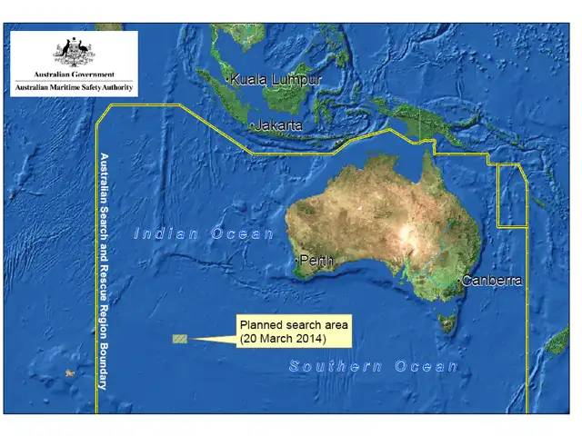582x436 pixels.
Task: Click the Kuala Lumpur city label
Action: coord(275,80)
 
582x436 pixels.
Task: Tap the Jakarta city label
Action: coord(278,125)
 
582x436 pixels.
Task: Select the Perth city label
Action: coord(316,261)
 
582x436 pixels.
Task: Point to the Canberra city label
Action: coord(492,281)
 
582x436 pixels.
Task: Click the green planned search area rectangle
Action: coord(180,339)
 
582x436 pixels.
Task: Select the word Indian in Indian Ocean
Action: coord(166,233)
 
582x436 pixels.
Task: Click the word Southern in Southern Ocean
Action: coord(334,366)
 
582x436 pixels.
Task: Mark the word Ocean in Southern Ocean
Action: coord(426,366)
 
